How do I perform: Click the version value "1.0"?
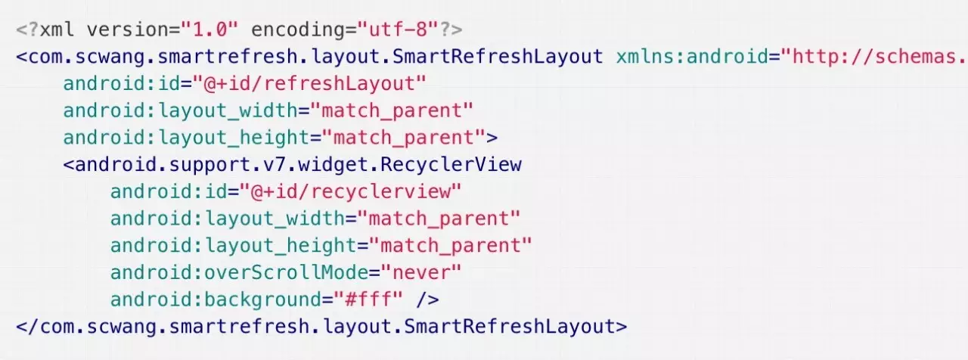tap(210, 30)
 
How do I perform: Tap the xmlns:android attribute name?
tap(696, 57)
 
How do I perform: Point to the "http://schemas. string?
tap(874, 57)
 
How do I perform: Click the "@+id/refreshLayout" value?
tap(309, 83)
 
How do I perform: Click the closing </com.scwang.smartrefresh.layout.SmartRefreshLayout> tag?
tap(321, 327)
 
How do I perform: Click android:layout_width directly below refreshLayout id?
tap(180, 110)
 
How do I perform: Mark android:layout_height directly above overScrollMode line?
tap(233, 246)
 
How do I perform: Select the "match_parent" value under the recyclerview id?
tap(439, 219)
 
